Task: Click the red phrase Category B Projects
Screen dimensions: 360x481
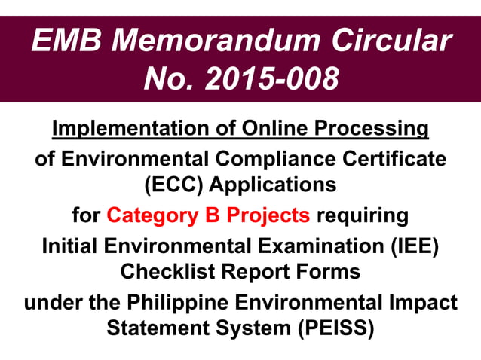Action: click(x=208, y=216)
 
